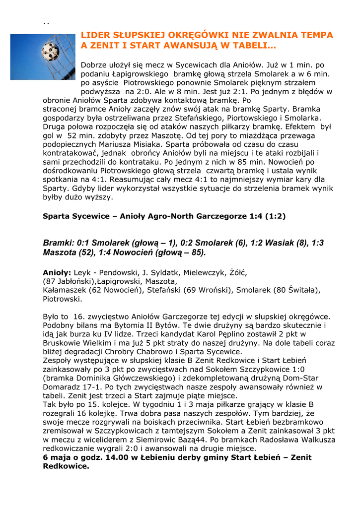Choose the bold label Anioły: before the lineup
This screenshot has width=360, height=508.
click(57, 272)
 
